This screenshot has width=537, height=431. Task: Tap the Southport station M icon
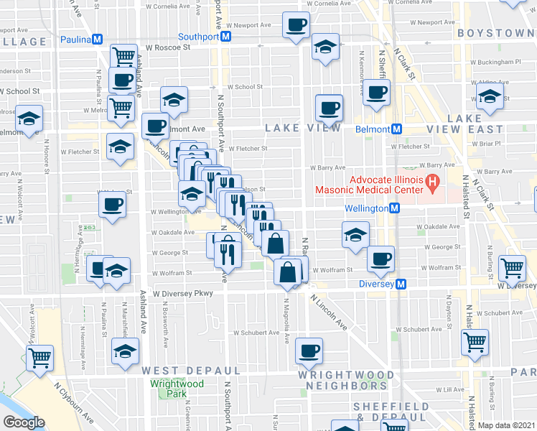coord(225,36)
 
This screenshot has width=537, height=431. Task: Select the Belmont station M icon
coord(395,129)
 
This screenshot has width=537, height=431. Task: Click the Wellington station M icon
coord(394,208)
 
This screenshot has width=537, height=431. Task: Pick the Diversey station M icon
coord(401,284)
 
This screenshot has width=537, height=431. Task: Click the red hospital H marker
coord(432,184)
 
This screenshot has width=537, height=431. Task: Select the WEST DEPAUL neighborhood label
coord(179,370)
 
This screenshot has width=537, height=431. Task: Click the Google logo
coord(24,422)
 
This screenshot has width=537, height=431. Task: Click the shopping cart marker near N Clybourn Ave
coord(40,357)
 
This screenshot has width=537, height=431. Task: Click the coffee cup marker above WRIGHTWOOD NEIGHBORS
coord(309,351)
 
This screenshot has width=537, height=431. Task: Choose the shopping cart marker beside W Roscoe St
coord(124,56)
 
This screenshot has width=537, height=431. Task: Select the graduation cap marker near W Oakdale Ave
coord(355,234)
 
